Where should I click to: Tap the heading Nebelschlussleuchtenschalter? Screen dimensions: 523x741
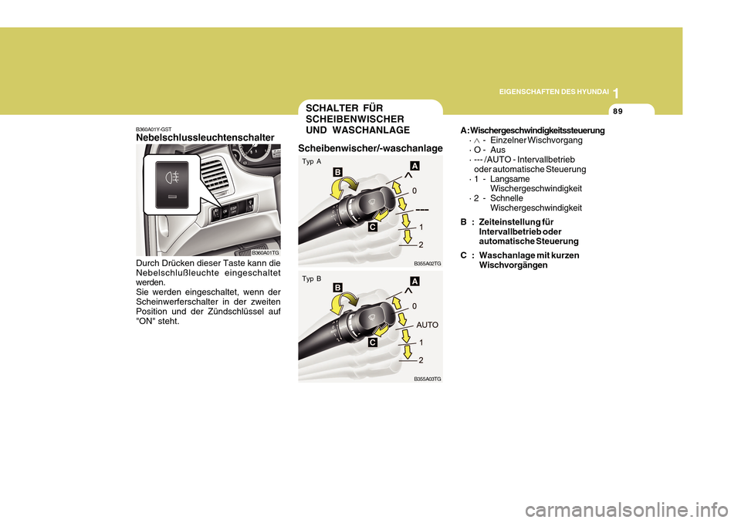click(205, 137)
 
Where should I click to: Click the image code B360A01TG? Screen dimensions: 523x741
click(265, 252)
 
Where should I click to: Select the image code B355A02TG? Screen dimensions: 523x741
click(427, 264)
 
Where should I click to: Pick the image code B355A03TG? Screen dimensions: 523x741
click(427, 380)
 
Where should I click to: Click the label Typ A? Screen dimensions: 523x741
click(313, 162)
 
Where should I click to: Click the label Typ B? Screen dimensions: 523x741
click(313, 278)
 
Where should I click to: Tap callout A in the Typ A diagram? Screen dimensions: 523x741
click(414, 166)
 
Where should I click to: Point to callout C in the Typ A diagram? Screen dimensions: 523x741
click(372, 228)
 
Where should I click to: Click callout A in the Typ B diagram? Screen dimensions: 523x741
click(414, 282)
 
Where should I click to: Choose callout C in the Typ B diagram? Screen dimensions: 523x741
click(372, 342)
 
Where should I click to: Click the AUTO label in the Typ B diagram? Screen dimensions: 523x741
click(428, 326)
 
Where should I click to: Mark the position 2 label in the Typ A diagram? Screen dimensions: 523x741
click(421, 245)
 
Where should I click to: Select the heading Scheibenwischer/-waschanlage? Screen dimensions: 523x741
click(370, 148)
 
